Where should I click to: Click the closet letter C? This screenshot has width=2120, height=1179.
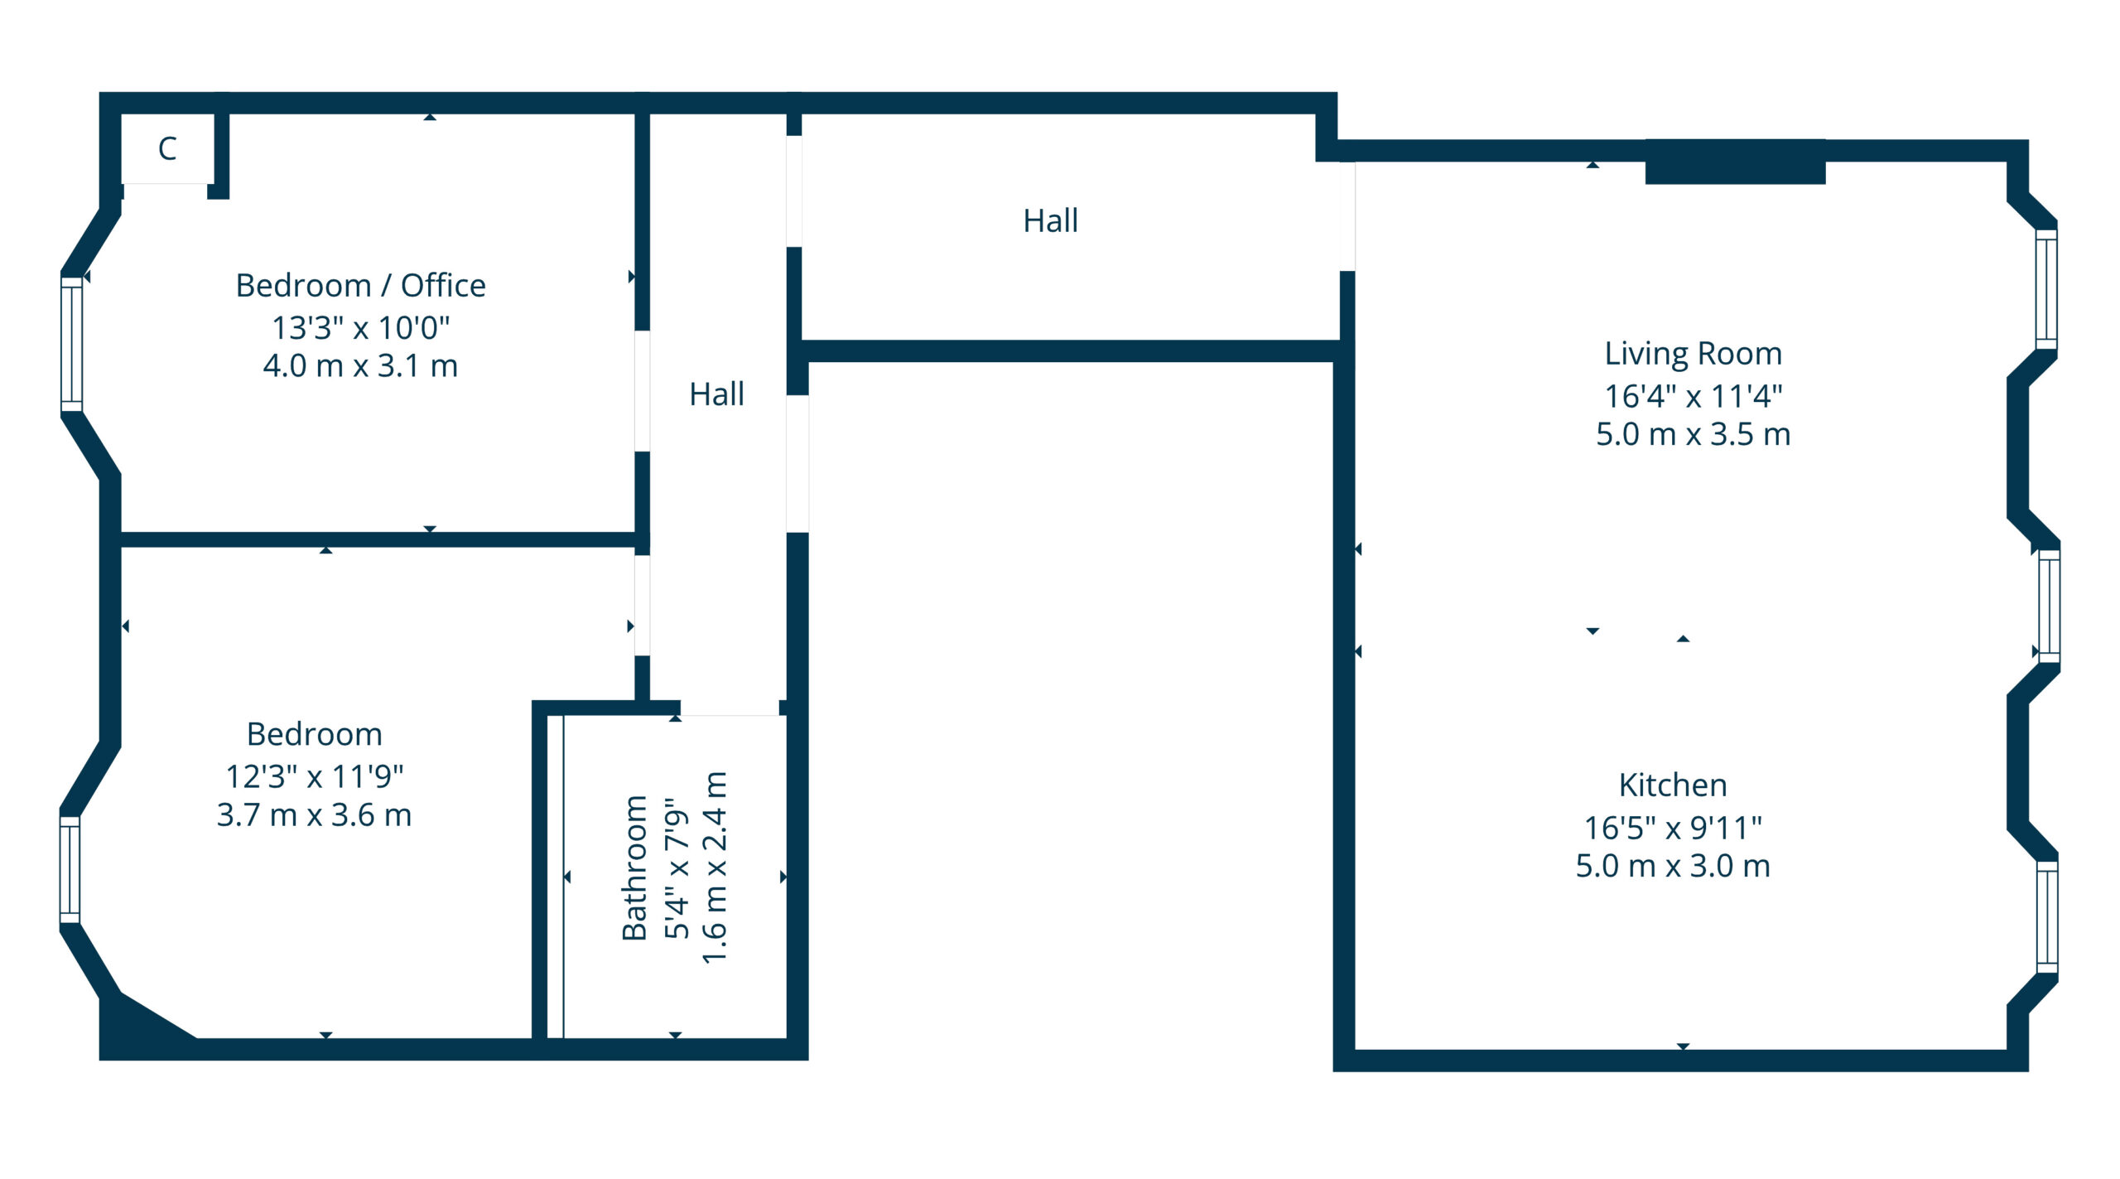[x=167, y=148]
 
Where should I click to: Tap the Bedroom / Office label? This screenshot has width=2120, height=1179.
[x=361, y=285]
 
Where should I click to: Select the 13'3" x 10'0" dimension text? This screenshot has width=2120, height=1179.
[x=361, y=327]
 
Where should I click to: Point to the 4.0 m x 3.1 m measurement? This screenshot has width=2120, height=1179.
[x=361, y=365]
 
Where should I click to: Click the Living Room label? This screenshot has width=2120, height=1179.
[x=1694, y=354]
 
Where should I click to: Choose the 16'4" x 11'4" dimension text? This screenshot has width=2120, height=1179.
[x=1694, y=396]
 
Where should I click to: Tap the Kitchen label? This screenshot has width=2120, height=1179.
[x=1673, y=785]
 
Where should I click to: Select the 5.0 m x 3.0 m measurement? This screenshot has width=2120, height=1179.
[x=1673, y=866]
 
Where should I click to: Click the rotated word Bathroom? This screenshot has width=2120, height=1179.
[x=634, y=867]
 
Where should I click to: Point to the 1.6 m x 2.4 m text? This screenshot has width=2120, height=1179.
[x=715, y=867]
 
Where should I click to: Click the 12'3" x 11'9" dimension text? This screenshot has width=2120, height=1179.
[x=315, y=776]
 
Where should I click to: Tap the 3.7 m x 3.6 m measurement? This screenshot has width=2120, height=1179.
[x=315, y=815]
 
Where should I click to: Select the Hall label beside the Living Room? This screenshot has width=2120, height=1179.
[x=1051, y=220]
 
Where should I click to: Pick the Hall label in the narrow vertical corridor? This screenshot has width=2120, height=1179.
[x=717, y=394]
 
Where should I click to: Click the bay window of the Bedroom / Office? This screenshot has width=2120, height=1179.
[x=72, y=344]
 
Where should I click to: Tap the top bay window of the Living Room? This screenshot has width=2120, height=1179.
[x=2046, y=289]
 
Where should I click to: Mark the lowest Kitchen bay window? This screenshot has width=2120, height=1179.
[x=2047, y=916]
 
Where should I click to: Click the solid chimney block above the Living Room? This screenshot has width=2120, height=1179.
[x=1735, y=162]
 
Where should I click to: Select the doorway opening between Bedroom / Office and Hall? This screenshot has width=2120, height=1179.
[x=642, y=391]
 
